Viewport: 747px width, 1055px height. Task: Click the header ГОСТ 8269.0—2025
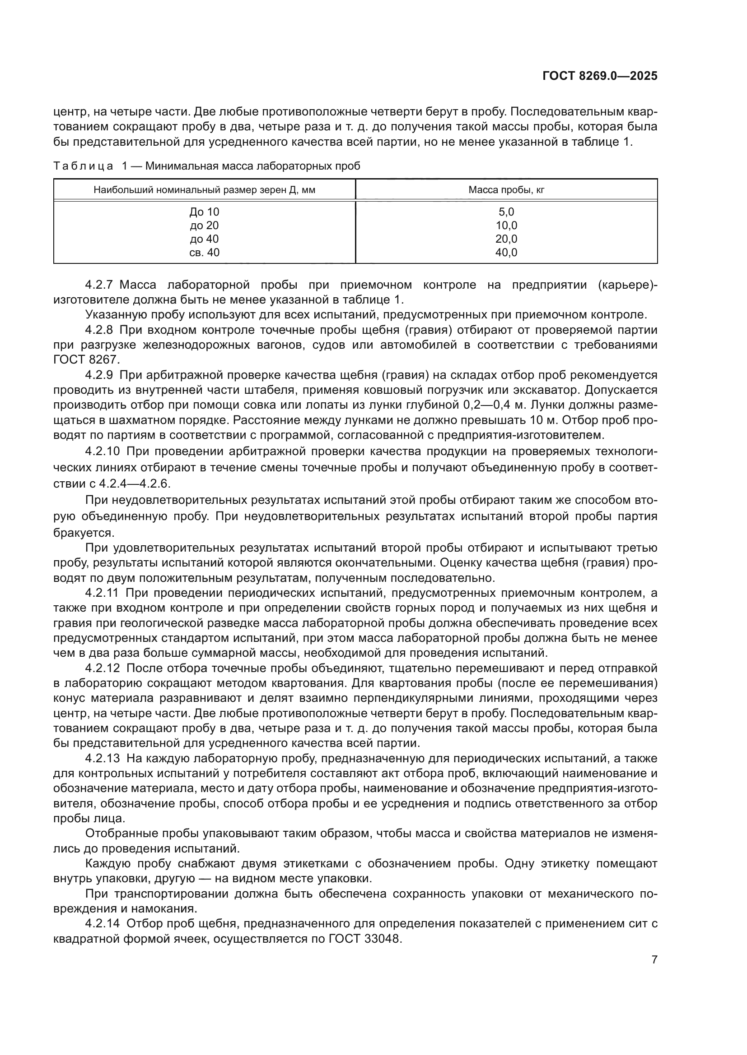coord(600,76)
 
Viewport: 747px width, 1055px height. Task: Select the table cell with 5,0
coord(506,212)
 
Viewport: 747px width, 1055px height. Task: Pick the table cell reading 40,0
coord(506,252)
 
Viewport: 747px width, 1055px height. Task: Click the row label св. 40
coord(204,252)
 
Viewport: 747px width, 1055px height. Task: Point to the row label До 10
coord(204,212)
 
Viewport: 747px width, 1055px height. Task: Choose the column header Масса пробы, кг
coord(506,190)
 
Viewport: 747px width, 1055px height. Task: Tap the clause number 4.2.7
coord(99,285)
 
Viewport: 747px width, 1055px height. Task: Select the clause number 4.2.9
coord(99,375)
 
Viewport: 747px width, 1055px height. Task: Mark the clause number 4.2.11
coord(102,593)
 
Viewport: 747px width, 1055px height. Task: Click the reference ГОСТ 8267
coord(86,360)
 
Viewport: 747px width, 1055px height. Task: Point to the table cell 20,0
coord(506,239)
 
